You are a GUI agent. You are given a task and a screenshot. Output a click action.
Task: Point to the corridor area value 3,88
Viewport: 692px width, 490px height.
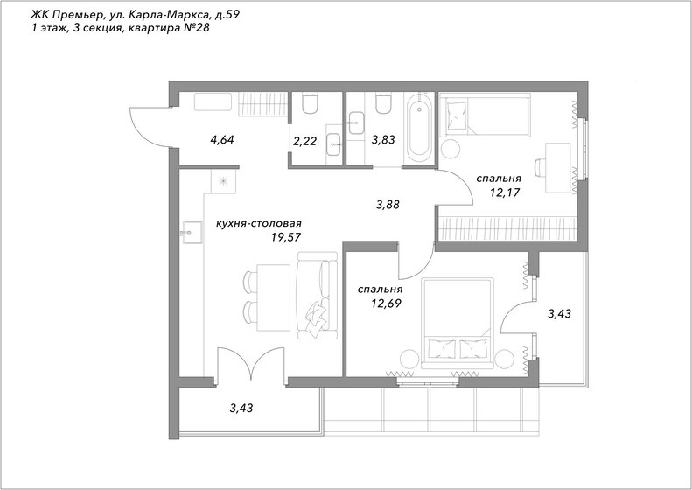tap(388, 205)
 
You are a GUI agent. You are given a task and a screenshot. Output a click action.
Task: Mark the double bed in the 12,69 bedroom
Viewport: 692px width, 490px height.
tap(458, 322)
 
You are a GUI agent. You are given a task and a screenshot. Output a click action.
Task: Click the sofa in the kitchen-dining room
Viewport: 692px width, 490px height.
tap(315, 296)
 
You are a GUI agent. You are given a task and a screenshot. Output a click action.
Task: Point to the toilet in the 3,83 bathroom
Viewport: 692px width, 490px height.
tap(381, 105)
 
